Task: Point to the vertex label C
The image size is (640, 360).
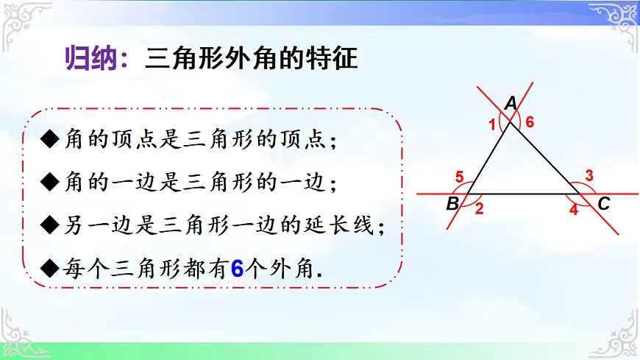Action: (x=604, y=205)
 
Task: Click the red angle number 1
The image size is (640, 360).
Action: (x=492, y=125)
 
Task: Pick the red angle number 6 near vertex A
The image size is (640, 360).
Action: (x=529, y=123)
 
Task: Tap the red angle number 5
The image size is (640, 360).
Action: (x=459, y=177)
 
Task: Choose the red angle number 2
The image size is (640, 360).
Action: (x=479, y=209)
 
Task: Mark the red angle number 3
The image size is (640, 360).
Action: (x=589, y=175)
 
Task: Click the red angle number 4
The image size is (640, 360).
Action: (x=574, y=210)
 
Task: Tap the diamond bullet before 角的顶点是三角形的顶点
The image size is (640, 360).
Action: (x=50, y=141)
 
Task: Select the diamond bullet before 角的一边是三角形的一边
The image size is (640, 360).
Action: (x=50, y=183)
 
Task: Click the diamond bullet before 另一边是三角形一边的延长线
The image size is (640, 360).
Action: (x=50, y=225)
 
